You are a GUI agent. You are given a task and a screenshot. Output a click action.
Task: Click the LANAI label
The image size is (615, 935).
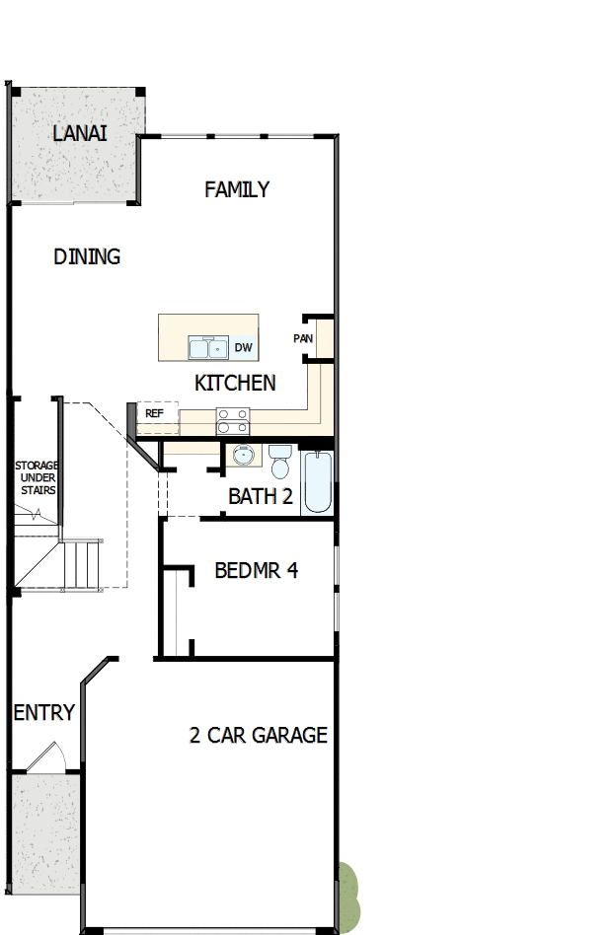81,133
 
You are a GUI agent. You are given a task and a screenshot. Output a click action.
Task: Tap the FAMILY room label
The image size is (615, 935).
237,189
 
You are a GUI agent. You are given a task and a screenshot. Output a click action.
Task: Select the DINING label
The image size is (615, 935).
87,256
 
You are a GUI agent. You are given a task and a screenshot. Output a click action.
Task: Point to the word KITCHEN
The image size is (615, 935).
235,383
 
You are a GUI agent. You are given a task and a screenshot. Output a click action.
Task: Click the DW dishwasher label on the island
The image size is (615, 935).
244,348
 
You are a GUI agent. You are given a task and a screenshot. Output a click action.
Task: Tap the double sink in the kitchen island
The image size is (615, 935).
208,348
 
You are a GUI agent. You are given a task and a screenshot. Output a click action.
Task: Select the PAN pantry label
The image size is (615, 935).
303,339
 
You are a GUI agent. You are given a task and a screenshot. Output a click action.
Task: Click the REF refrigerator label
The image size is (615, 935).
154,413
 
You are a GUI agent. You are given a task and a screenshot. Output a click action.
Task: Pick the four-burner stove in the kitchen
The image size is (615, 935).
233,421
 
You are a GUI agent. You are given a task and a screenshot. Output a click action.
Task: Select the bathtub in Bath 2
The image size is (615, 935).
317,482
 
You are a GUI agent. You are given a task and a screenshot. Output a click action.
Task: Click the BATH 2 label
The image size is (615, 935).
261,496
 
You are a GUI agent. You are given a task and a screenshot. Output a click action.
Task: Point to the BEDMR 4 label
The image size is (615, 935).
257,570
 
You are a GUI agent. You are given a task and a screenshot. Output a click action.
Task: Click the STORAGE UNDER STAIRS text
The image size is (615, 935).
36,477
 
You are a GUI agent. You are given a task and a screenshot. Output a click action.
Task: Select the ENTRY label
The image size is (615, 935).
44,712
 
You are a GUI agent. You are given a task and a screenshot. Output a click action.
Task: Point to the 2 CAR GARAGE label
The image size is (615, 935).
259,735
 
